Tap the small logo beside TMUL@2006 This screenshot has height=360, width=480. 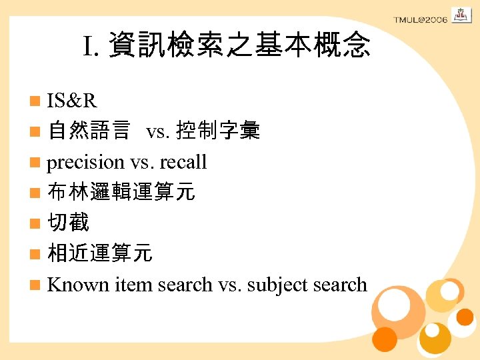461,15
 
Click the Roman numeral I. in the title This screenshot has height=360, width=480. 92,46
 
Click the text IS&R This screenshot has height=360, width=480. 72,101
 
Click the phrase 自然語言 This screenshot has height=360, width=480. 89,131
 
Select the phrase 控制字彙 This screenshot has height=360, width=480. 217,131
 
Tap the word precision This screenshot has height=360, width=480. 85,162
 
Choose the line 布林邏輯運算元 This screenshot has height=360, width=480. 121,193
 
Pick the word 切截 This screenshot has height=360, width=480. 68,223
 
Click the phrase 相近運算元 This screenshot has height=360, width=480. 100,254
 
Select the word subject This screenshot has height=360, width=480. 277,285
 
